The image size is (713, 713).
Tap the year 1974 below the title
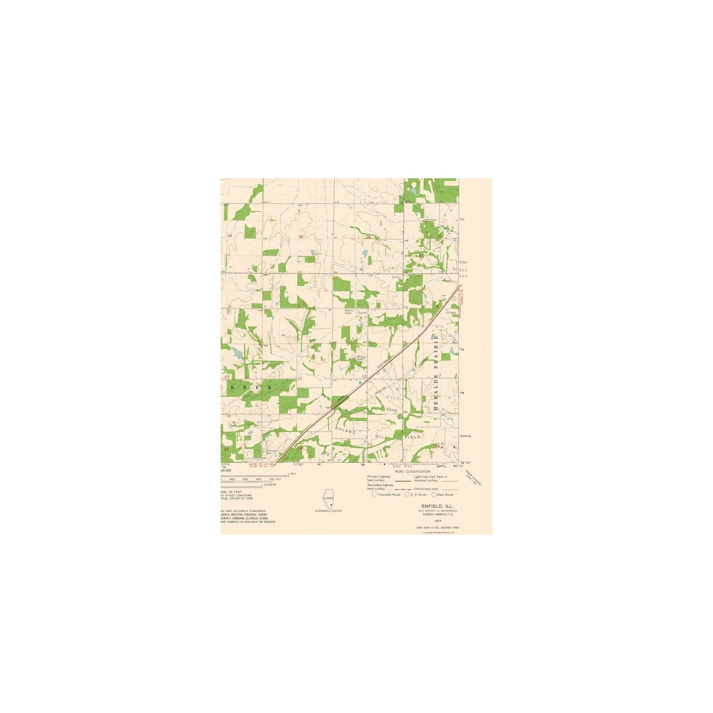point(437,521)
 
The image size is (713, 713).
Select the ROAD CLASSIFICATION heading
point(413,471)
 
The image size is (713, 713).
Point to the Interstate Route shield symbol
point(375,494)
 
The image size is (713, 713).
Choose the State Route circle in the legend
point(434,494)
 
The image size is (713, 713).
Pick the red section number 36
point(368,237)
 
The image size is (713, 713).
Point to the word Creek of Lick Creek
point(392,410)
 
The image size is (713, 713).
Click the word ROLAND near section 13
point(345,431)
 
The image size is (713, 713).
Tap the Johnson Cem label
point(271,451)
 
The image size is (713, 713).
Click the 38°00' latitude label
point(465,463)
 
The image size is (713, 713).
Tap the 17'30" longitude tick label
point(298,464)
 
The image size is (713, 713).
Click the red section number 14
point(299,448)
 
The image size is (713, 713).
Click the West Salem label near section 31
point(430,220)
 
